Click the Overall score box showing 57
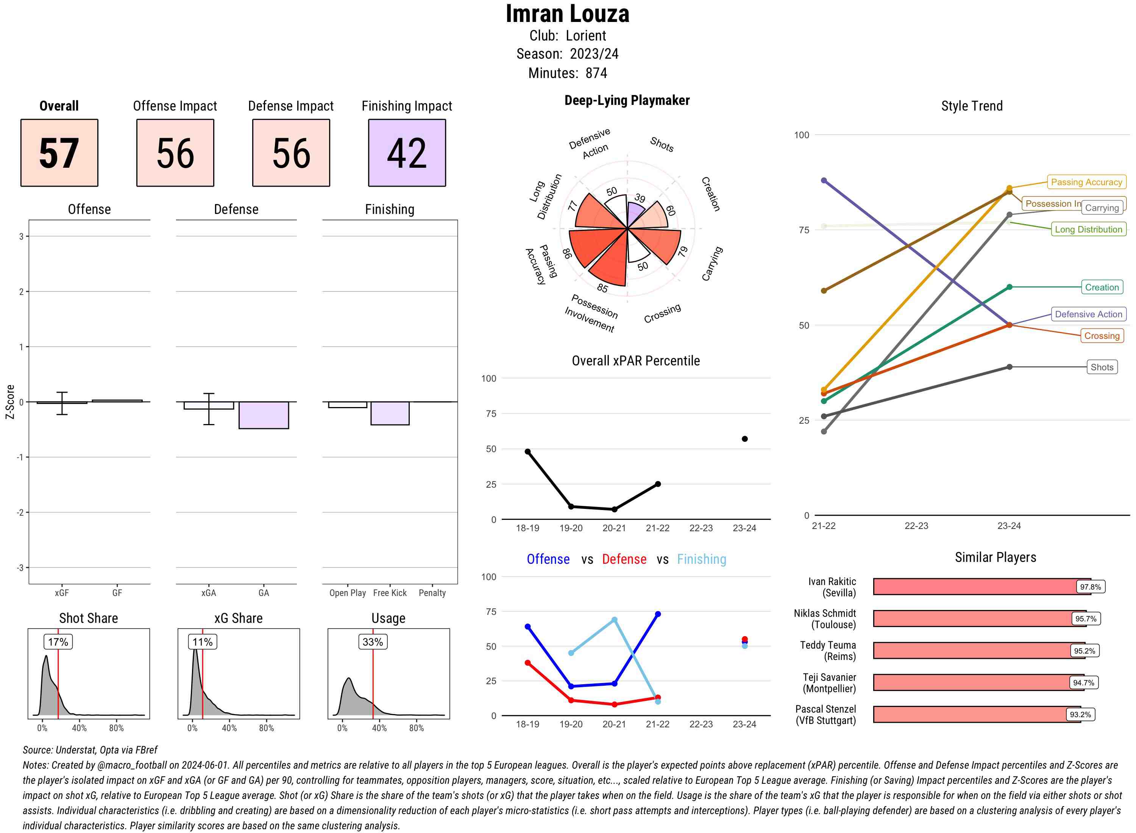point(59,153)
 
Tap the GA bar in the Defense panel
point(263,415)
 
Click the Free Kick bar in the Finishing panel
point(390,413)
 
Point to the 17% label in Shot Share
point(58,642)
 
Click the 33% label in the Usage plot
point(373,642)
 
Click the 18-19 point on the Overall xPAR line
point(527,451)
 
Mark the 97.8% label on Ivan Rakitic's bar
point(1090,587)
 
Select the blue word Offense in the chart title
point(548,559)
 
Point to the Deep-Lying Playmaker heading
point(627,100)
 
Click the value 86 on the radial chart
point(567,253)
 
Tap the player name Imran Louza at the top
point(567,14)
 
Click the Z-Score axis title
point(9,401)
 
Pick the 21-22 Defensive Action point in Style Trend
point(824,181)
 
